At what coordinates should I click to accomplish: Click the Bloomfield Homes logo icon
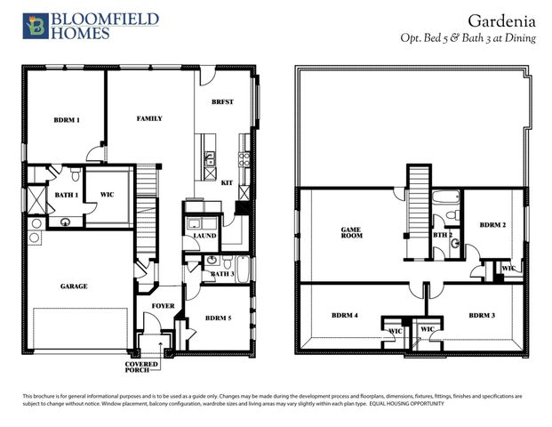36,26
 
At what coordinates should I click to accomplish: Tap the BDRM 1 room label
67,119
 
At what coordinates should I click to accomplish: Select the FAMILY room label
148,118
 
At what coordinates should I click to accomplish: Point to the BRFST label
222,102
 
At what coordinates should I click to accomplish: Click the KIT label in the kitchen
227,181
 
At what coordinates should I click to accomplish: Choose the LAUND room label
205,236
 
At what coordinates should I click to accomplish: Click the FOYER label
163,305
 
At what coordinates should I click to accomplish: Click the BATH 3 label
221,274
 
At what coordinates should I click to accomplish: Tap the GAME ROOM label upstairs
351,233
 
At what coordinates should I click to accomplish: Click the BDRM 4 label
345,315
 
